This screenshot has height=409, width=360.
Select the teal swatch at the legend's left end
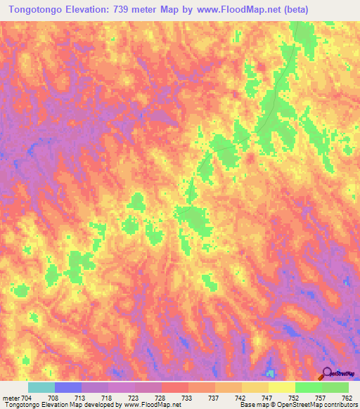pos(41,387)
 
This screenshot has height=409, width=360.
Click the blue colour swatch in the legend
pos(68,387)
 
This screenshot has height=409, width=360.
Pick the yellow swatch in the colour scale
pos(281,387)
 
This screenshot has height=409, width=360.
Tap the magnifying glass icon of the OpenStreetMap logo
pos(326,373)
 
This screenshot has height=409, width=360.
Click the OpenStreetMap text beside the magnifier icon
pos(343,375)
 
